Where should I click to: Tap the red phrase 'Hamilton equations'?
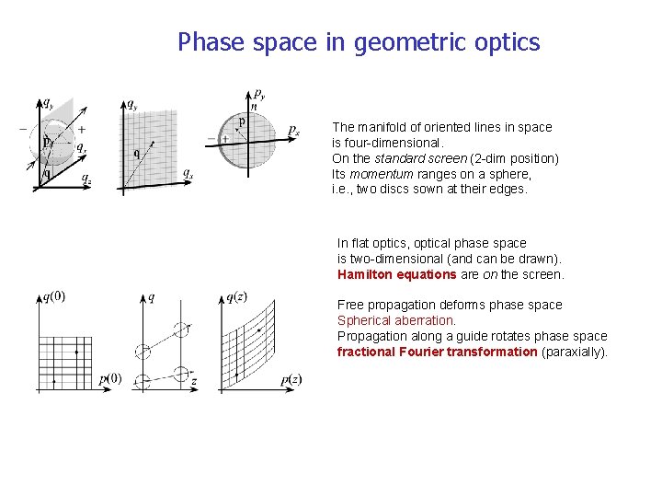[x=396, y=274]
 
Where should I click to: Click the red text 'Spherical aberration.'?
[x=396, y=320]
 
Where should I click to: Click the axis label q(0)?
[x=53, y=297]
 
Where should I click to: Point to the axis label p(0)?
[x=109, y=378]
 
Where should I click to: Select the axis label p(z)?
[x=291, y=378]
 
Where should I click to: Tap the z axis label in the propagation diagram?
[x=194, y=380]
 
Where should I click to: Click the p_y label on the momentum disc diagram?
[x=260, y=95]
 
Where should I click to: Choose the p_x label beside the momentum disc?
[x=293, y=131]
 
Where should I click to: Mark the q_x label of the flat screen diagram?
[x=188, y=172]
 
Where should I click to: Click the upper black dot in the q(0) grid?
[x=77, y=352]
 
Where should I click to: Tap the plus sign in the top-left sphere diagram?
[x=82, y=130]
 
